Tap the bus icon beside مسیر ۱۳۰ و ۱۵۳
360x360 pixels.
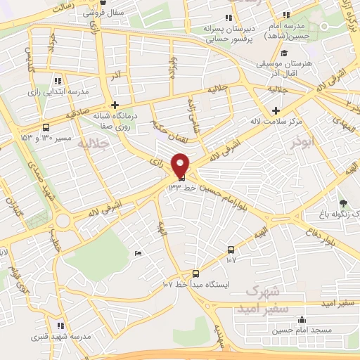46,127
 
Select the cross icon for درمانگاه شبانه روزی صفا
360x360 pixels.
115,105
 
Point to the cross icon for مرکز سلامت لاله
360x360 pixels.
276,110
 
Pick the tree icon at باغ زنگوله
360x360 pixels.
343,184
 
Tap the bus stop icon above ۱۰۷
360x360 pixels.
231,250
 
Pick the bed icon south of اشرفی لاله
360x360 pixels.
138,253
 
